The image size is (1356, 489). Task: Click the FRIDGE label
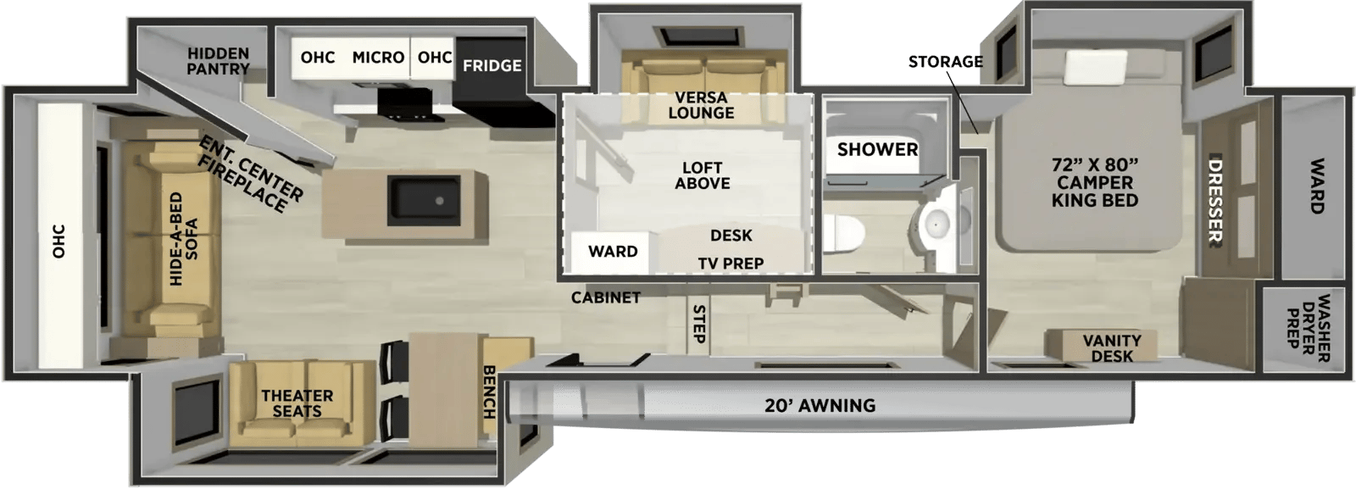pyautogui.click(x=492, y=65)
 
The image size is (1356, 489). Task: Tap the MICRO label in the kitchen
pyautogui.click(x=378, y=58)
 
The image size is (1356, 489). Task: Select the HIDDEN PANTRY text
pyautogui.click(x=218, y=61)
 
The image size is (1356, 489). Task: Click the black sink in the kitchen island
pyautogui.click(x=424, y=200)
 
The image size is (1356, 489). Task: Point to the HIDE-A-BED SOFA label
pyautogui.click(x=183, y=239)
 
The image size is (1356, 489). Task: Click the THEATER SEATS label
pyautogui.click(x=297, y=403)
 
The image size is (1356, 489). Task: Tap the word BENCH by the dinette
pyautogui.click(x=489, y=392)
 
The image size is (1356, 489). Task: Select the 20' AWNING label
pyautogui.click(x=820, y=405)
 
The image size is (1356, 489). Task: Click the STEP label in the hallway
pyautogui.click(x=698, y=324)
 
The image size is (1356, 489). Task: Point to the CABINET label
pyautogui.click(x=606, y=297)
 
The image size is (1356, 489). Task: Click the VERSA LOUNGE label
pyautogui.click(x=701, y=105)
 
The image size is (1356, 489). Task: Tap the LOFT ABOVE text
pyautogui.click(x=703, y=175)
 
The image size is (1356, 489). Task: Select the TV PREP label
pyautogui.click(x=731, y=264)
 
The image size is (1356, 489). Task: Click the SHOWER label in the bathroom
pyautogui.click(x=877, y=149)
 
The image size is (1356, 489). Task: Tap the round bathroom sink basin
pyautogui.click(x=936, y=225)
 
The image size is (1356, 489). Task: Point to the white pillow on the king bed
pyautogui.click(x=1096, y=66)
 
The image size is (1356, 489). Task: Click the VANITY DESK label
pyautogui.click(x=1112, y=348)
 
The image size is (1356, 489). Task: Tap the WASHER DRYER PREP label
pyautogui.click(x=1308, y=328)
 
